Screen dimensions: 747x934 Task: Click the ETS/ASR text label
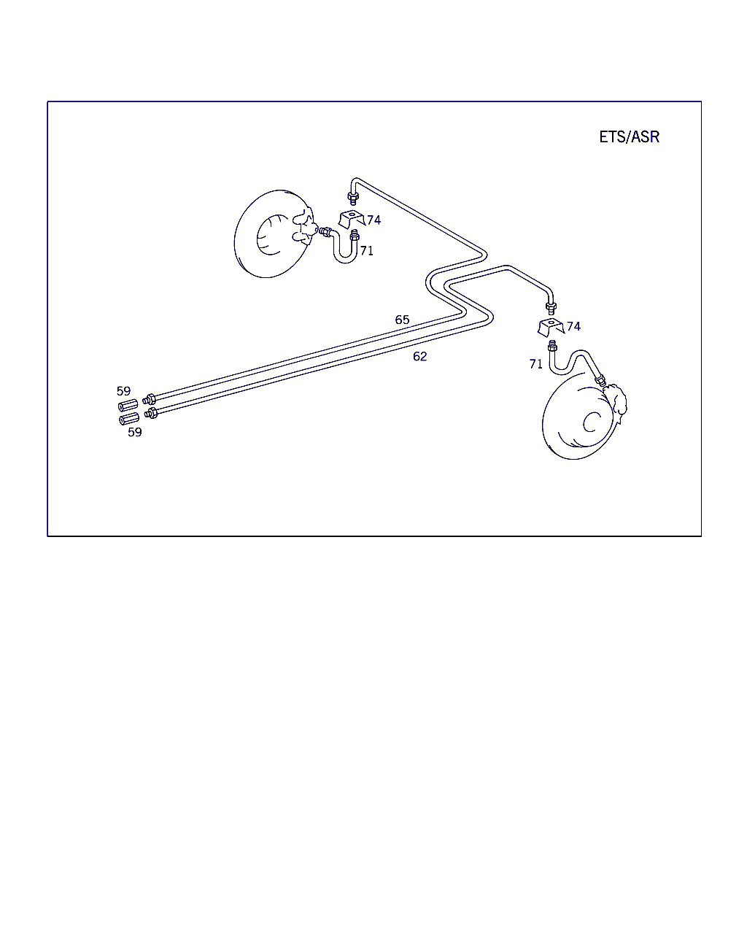[629, 137]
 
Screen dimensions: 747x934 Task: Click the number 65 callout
[402, 320]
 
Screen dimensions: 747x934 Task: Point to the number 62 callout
[419, 356]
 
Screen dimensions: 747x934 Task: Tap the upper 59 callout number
[123, 391]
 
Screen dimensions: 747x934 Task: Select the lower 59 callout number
[134, 432]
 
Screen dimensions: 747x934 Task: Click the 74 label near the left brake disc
[373, 220]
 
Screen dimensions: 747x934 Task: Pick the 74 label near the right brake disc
[573, 326]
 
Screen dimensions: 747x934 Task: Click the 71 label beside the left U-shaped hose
[367, 251]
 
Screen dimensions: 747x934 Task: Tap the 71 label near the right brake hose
[536, 364]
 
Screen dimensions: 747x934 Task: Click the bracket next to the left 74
[351, 219]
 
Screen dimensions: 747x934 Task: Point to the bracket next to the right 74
[551, 326]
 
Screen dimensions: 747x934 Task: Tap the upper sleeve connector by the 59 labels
[128, 406]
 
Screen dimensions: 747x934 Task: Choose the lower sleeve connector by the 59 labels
[129, 419]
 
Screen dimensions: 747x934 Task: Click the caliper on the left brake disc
[304, 227]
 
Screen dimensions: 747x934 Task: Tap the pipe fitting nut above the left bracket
[353, 198]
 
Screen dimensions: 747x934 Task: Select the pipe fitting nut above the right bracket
[551, 308]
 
